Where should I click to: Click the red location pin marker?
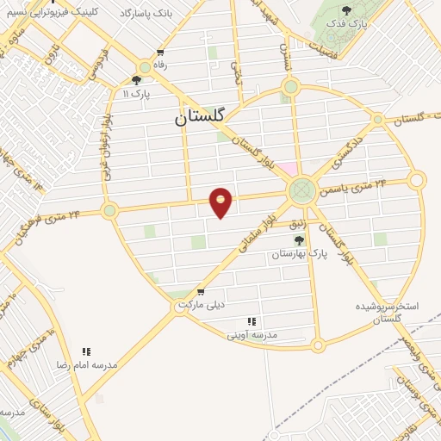pos(221,202)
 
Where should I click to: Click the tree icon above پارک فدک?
pos(346,11)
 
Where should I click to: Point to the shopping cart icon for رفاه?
pos(143,65)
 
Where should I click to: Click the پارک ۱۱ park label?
pos(135,92)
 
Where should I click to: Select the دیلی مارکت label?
pos(201,305)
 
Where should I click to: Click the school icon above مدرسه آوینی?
pos(252,320)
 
